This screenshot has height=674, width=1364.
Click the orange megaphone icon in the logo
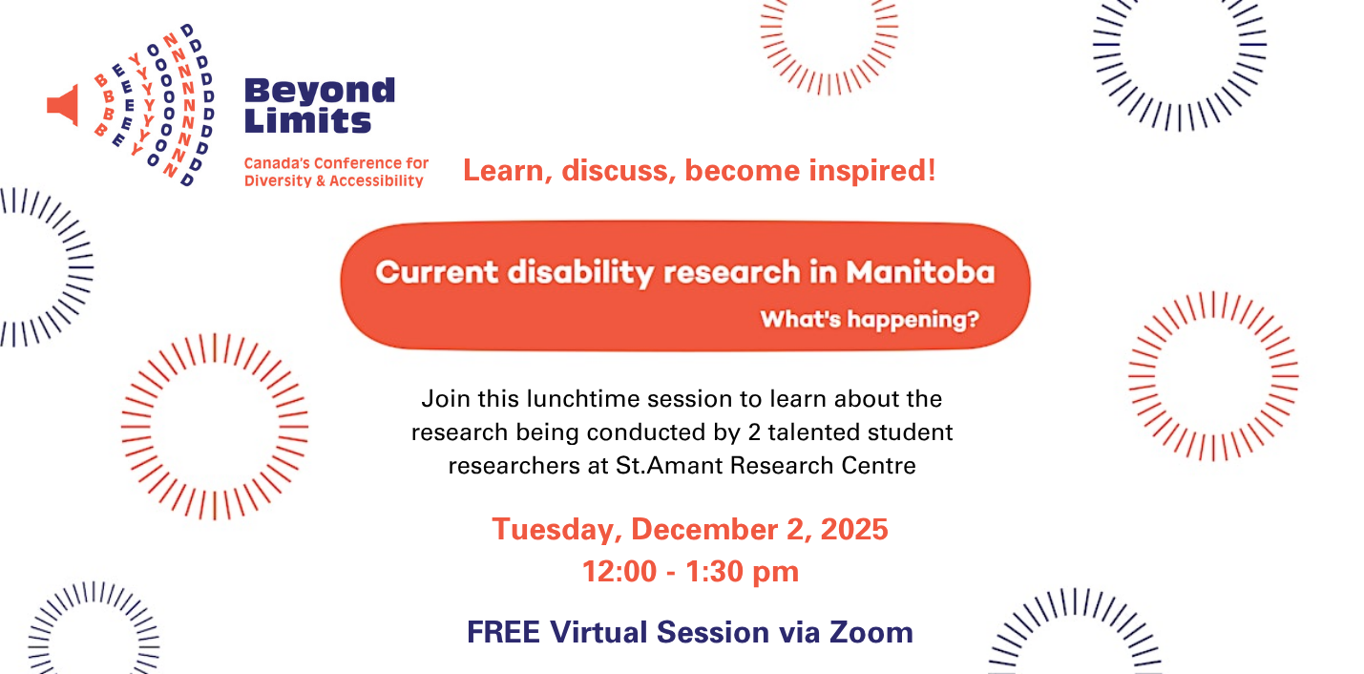click(63, 105)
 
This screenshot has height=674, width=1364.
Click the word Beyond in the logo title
click(320, 91)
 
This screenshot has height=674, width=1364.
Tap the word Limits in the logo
click(307, 120)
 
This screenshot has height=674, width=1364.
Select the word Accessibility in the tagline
click(376, 180)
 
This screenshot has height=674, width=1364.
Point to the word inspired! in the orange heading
click(872, 170)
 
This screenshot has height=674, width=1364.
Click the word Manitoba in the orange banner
click(920, 271)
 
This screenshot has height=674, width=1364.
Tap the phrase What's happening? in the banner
click(870, 319)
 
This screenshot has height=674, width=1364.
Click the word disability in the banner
click(580, 272)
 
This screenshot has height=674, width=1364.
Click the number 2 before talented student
click(754, 432)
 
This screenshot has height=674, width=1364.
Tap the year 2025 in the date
click(854, 529)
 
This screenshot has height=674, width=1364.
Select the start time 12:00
click(619, 571)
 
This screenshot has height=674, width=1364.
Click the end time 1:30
click(712, 571)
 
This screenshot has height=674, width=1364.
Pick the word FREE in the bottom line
click(503, 632)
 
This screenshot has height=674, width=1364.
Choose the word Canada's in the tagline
click(277, 163)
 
